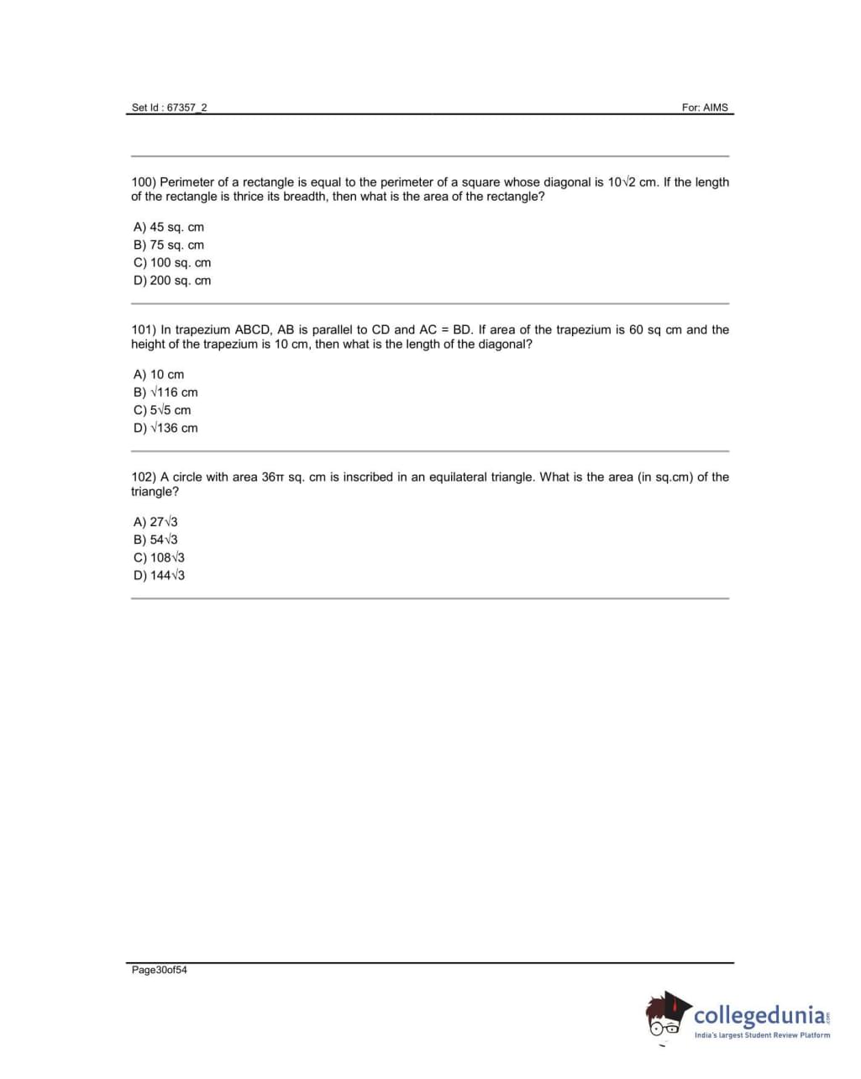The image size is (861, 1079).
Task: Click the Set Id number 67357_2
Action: point(187,108)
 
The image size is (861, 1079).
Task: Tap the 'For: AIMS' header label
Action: point(705,108)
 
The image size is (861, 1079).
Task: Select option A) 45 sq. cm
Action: point(169,227)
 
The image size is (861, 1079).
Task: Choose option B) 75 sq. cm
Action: point(169,245)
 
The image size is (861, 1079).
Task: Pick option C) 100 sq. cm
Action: point(172,262)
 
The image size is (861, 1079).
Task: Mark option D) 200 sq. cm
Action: point(172,281)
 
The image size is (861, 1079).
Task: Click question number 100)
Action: point(144,182)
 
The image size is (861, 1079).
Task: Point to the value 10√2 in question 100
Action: point(622,182)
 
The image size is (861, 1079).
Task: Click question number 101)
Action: point(144,329)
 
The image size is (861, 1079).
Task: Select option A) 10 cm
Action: point(159,374)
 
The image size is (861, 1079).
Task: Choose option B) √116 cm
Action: point(165,392)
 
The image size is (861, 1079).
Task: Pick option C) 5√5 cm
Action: point(162,410)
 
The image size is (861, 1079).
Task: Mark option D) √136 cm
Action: point(165,428)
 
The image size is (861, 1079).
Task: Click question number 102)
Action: point(144,476)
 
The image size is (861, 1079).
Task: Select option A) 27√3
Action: point(155,522)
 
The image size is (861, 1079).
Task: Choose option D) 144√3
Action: point(159,576)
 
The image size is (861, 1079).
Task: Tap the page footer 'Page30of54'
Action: point(160,970)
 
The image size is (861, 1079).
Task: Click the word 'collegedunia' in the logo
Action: point(759,1014)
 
